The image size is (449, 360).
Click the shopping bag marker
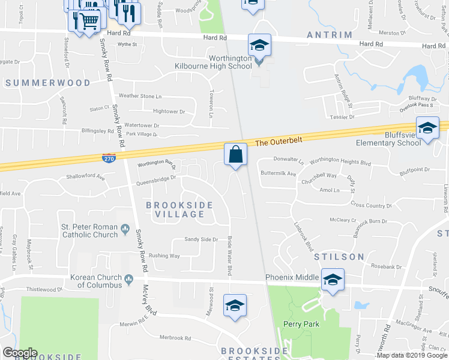(x=235, y=154)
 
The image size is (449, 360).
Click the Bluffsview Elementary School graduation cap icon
(x=427, y=129)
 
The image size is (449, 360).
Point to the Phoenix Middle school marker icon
(x=332, y=279)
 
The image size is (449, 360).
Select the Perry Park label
(x=300, y=324)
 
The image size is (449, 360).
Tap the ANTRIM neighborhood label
(x=329, y=35)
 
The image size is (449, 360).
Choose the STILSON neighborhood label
(x=339, y=256)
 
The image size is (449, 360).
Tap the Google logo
(x=19, y=353)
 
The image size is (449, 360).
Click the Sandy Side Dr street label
(x=200, y=239)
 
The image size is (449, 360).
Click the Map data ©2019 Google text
(x=412, y=355)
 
